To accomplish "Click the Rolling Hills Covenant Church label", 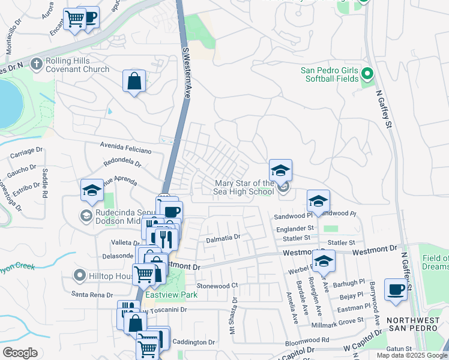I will pos(77,65).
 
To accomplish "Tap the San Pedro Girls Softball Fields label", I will pos(330,75).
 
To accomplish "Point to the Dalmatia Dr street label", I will pos(223,238).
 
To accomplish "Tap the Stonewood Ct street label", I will pos(217,286).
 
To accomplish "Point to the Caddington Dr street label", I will pos(193,342).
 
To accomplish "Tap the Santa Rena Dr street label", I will pos(92,295).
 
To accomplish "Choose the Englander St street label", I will pos(295,229).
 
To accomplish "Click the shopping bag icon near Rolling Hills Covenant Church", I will pos(134,80).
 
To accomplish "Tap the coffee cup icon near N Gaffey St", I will pos(396,289).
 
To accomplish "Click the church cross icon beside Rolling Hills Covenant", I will pos(37,62).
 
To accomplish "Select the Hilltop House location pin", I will pos(79,276).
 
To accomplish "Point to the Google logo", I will pos(20,353).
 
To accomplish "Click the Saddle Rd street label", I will pos(45,182).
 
